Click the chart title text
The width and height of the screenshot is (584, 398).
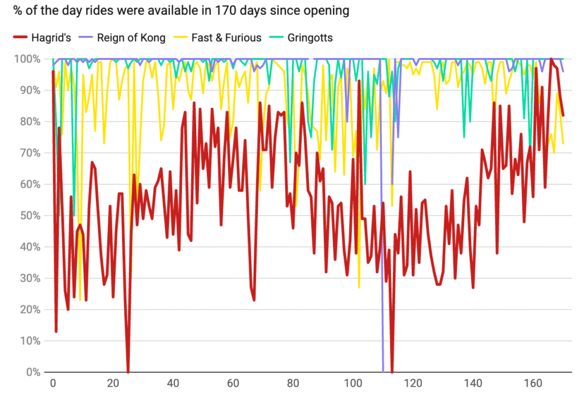177,10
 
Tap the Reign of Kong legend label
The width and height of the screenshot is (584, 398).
131,38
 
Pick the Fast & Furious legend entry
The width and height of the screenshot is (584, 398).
226,38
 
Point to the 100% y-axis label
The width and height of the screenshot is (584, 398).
27,59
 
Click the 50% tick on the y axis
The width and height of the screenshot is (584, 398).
30,216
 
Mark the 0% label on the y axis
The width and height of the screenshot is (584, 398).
32,372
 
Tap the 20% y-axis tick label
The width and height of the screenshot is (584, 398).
30,310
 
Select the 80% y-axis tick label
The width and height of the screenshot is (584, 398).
30,121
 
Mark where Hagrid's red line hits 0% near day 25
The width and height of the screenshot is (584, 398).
128,371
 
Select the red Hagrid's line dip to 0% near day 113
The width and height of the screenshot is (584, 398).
392,371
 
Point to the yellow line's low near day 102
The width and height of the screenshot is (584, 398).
359,287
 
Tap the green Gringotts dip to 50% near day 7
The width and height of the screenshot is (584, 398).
74,216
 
